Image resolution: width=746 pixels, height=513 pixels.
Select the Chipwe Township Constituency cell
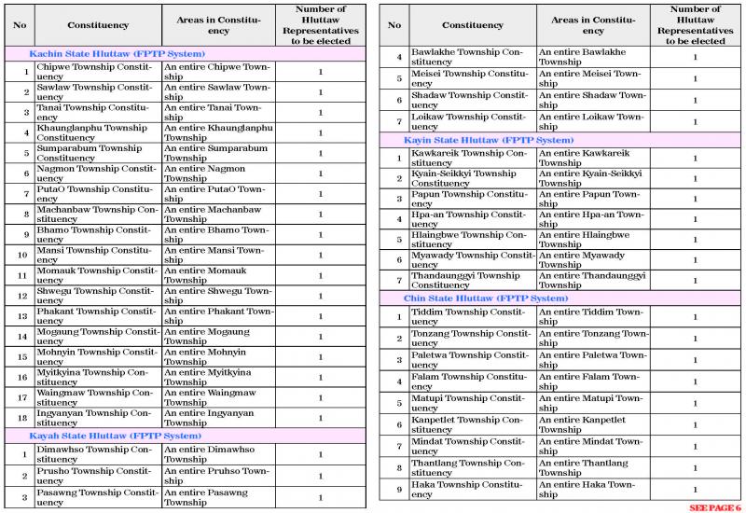click(96, 72)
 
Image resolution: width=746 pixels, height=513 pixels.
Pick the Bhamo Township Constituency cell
click(96, 234)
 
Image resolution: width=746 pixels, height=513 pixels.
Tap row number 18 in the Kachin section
click(25, 418)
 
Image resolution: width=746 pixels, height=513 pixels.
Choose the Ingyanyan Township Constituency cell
click(96, 418)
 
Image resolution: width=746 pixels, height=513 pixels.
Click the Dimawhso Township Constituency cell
click(96, 454)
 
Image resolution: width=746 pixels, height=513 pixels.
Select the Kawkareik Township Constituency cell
click(471, 158)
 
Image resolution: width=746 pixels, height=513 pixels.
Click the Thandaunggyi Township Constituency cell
click(471, 281)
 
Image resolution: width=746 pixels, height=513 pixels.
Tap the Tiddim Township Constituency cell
click(471, 317)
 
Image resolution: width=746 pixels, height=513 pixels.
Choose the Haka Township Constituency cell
click(471, 489)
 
